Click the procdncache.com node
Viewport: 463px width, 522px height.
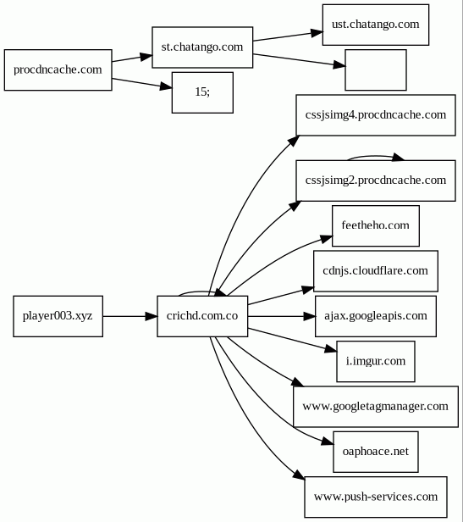point(58,69)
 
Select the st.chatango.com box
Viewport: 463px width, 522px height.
point(202,47)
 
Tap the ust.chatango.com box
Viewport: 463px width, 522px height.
point(376,25)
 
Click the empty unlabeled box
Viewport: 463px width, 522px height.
point(376,69)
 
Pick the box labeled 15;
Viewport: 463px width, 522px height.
point(202,92)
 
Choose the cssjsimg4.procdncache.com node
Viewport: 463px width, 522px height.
point(376,115)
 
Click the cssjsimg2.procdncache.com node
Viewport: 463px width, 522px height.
point(376,180)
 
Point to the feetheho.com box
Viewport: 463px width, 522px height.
point(376,225)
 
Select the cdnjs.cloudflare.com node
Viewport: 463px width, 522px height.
point(376,271)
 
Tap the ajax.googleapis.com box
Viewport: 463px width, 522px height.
point(376,316)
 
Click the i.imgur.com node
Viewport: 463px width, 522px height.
point(376,362)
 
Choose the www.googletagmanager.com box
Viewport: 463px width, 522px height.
point(376,407)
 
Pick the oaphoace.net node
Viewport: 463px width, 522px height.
point(376,452)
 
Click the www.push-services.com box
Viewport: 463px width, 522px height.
point(376,497)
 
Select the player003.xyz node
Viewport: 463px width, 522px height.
point(58,316)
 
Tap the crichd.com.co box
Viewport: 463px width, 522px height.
point(202,316)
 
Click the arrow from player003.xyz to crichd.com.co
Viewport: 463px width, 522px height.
point(130,316)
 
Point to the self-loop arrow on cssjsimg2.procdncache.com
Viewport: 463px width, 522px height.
point(375,156)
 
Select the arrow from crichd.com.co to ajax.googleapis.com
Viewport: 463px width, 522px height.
point(281,316)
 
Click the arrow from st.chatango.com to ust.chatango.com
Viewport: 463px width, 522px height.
point(288,36)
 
